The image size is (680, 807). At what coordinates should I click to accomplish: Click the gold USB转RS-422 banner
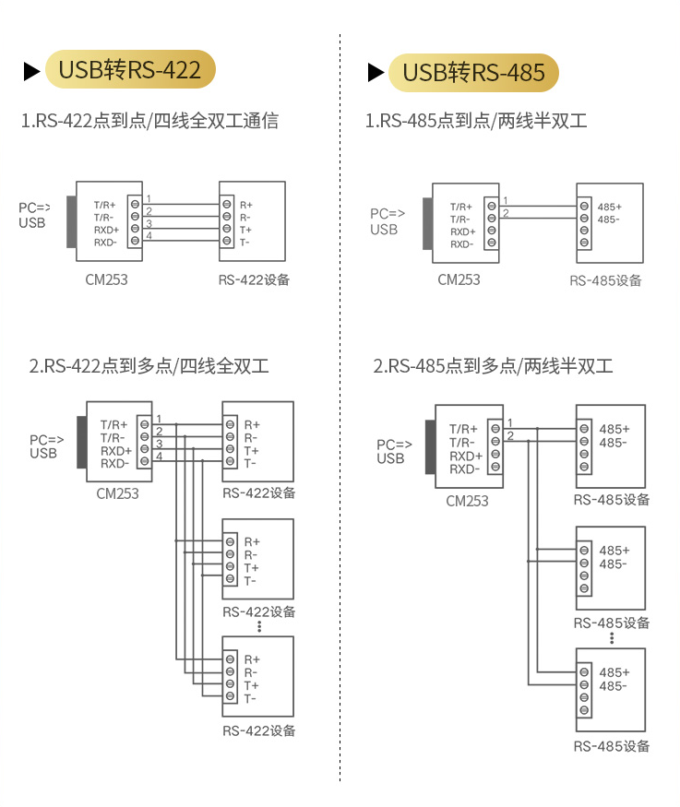(129, 70)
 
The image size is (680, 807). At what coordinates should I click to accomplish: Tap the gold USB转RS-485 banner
(473, 72)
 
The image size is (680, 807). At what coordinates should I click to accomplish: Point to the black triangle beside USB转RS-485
(376, 72)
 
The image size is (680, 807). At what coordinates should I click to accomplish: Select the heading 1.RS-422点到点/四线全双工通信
(149, 121)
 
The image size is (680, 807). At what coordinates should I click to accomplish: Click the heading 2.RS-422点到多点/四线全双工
(149, 366)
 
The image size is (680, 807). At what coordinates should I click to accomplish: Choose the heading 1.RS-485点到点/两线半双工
(476, 121)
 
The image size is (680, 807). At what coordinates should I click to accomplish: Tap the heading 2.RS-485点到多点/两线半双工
(493, 366)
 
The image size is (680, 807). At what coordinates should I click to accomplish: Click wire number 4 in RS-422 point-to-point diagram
(149, 236)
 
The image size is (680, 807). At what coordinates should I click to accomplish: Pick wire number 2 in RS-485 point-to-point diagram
(505, 214)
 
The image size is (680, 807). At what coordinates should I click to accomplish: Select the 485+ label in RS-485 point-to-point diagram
(609, 207)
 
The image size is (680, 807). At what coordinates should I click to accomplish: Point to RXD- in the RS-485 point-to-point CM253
(461, 244)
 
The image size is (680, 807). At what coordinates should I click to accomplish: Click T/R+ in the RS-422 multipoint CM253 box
(114, 424)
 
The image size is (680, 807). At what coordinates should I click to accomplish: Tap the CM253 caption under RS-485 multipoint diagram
(467, 501)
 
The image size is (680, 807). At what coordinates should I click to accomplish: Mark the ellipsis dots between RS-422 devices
(260, 626)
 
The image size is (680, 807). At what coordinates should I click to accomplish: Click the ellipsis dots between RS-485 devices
(612, 638)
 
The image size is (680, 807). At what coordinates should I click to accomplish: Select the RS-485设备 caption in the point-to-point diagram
(605, 281)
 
